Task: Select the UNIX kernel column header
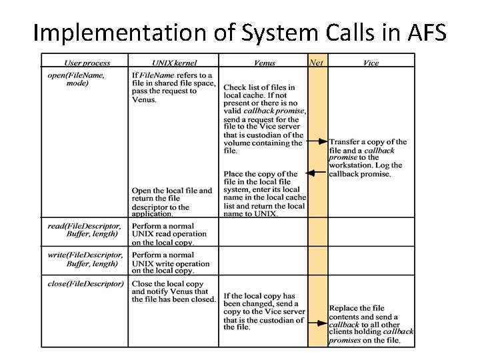coord(173,63)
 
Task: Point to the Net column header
coord(317,63)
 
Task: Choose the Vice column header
coord(371,63)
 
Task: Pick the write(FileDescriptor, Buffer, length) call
coord(85,259)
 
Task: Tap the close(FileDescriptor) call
coord(85,283)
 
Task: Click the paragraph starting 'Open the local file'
coord(173,202)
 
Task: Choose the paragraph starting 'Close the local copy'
coord(173,291)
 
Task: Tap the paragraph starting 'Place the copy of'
coord(264,193)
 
